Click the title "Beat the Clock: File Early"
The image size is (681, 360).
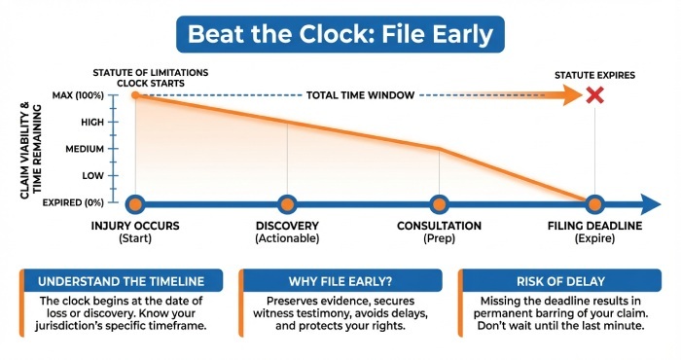pyautogui.click(x=340, y=35)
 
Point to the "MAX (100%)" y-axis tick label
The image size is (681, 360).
pyautogui.click(x=77, y=95)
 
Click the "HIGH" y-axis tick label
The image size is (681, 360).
pyautogui.click(x=91, y=122)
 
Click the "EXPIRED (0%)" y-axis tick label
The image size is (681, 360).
pyautogui.click(x=74, y=203)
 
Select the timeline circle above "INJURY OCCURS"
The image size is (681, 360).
pyautogui.click(x=135, y=203)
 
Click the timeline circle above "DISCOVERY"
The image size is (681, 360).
pyautogui.click(x=287, y=203)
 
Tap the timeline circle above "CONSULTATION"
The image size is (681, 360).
pyautogui.click(x=440, y=203)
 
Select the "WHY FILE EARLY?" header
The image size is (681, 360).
pyautogui.click(x=340, y=281)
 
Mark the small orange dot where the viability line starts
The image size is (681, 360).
pyautogui.click(x=135, y=95)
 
